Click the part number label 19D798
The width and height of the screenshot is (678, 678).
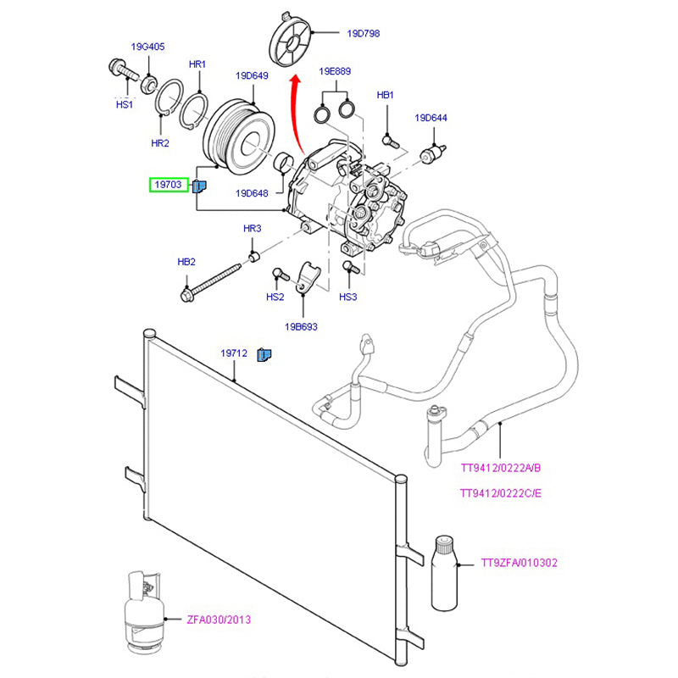click(363, 34)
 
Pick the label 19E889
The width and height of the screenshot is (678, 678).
click(335, 72)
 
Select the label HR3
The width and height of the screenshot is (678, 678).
click(253, 229)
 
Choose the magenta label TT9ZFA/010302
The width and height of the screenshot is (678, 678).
click(519, 562)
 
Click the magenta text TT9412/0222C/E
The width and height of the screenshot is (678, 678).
click(500, 493)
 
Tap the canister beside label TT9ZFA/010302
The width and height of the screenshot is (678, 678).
click(444, 572)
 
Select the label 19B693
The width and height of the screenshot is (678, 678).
click(301, 326)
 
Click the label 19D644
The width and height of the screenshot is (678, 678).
click(431, 118)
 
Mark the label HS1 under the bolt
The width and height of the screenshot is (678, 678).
click(124, 104)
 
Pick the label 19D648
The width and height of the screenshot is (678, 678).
click(253, 193)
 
